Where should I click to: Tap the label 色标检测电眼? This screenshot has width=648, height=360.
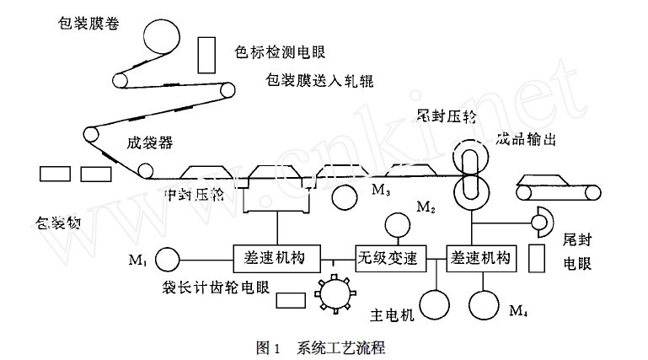(279, 53)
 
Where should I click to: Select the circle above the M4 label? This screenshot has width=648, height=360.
(488, 303)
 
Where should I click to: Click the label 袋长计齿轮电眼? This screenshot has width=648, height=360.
(217, 287)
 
